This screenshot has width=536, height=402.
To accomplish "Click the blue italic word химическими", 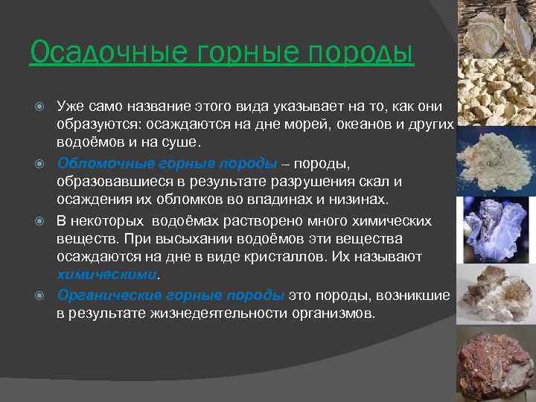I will [x=108, y=274].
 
